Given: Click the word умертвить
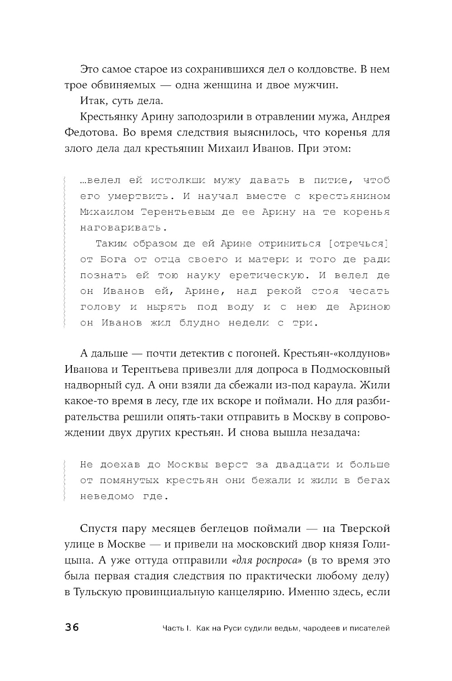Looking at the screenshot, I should click(138, 196).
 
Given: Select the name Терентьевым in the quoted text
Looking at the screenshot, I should click(184, 212).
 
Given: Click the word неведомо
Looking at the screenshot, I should click(107, 496).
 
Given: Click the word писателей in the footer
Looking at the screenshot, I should click(369, 628).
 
